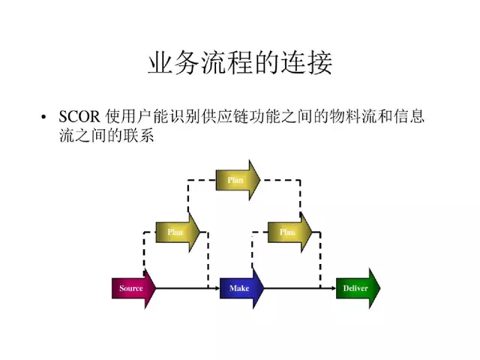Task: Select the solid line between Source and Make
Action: pos(187,289)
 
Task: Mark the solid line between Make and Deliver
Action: pos(300,289)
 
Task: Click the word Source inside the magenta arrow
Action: pos(131,288)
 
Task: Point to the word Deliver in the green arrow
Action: pos(354,288)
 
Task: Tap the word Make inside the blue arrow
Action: pos(239,288)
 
